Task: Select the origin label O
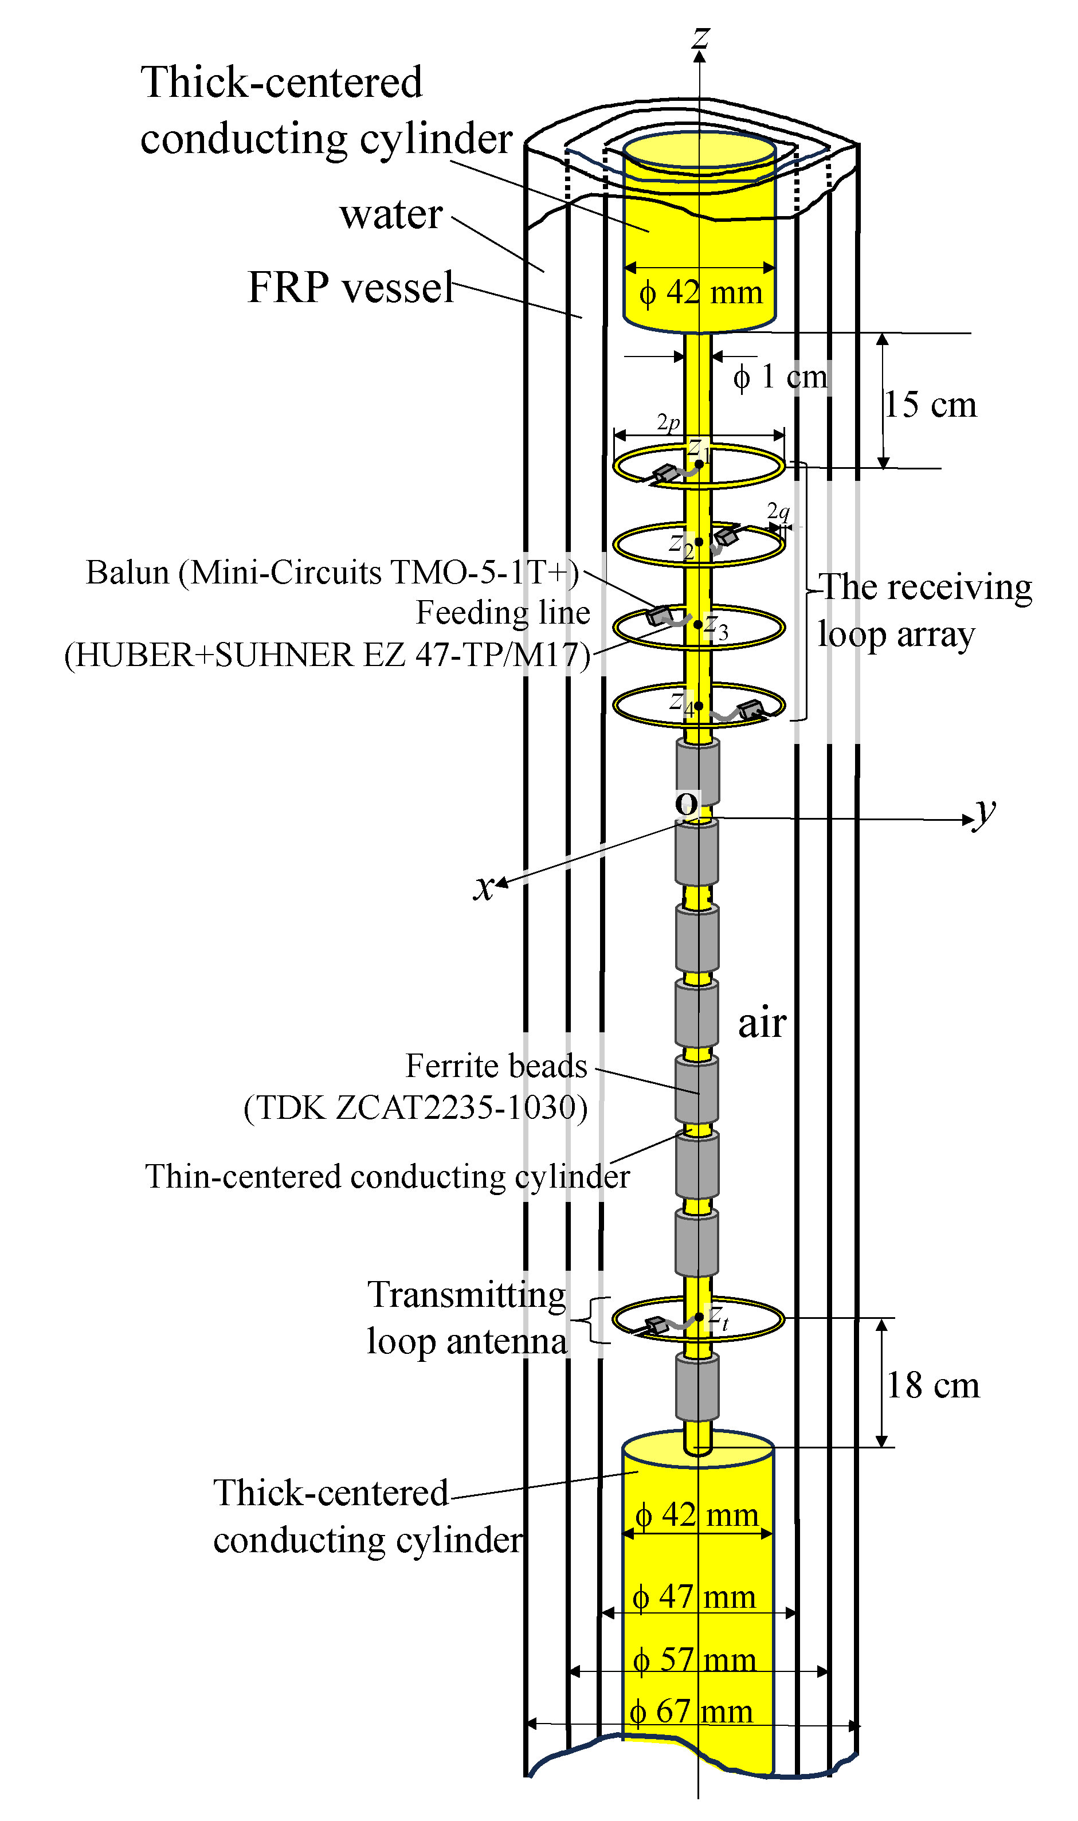pos(687,804)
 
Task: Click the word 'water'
pos(391,214)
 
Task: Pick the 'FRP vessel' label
pos(350,288)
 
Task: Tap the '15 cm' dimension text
pos(931,405)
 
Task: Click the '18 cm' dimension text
pos(932,1385)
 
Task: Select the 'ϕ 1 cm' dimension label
pos(780,377)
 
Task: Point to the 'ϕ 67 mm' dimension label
pos(691,1712)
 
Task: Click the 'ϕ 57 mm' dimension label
pos(693,1661)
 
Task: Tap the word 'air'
pos(762,1024)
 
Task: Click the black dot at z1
pos(699,464)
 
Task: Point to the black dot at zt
pos(699,1317)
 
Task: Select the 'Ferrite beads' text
pos(496,1066)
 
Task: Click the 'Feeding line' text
pos(503,612)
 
